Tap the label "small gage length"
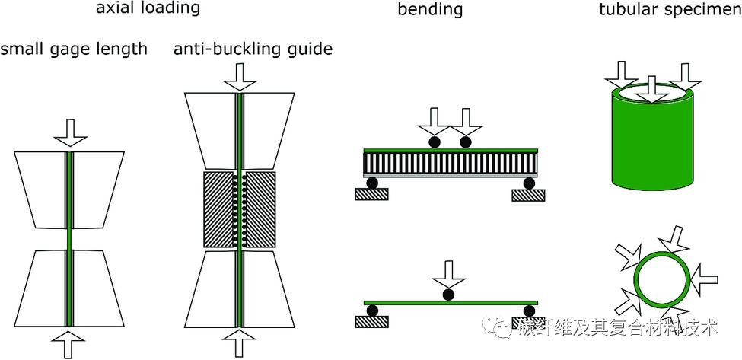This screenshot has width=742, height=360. coord(74,50)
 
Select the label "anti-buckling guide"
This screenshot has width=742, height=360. coord(253,50)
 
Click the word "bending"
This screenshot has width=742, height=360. coord(430,11)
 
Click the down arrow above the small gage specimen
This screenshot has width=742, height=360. coord(68,131)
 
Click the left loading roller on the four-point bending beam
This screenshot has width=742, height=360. coord(434,142)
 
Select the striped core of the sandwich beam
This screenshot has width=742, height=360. coord(451,163)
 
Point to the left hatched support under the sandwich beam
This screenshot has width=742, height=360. coord(372,195)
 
